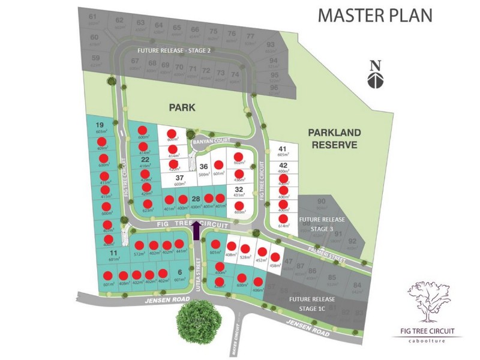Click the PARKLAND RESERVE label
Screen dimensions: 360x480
333,138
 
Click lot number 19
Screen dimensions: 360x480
100,125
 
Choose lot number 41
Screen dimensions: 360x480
283,149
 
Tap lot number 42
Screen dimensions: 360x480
283,165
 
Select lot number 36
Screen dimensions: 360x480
204,167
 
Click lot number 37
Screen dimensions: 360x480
179,178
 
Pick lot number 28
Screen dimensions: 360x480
196,199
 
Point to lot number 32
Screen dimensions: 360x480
239,188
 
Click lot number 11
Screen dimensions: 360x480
113,253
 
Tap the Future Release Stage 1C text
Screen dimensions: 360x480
311,303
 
